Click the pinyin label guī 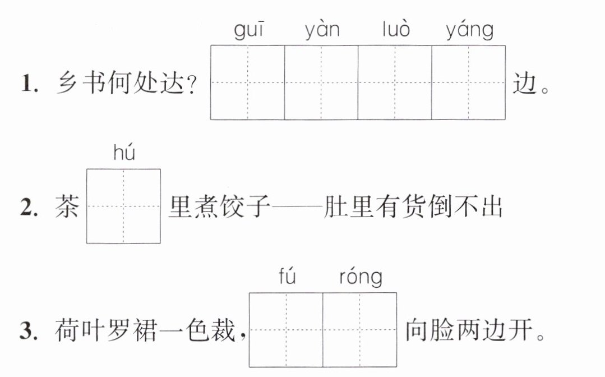point(248,31)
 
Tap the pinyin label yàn point(322,31)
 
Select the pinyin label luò point(396,29)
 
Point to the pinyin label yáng point(469,31)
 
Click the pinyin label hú point(124,153)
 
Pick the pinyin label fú point(287,276)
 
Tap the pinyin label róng point(361,278)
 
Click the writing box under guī point(247,82)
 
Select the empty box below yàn point(321,82)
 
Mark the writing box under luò point(395,82)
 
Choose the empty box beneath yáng point(468,82)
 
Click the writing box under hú point(123,206)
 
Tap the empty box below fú point(286,330)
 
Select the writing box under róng point(359,330)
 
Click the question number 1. point(29,84)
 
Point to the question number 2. point(29,207)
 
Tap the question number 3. point(29,331)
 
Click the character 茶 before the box point(67,206)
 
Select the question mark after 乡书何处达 point(191,84)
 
